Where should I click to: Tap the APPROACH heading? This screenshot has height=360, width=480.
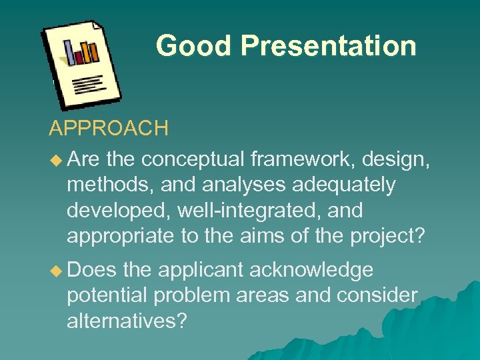click(x=109, y=129)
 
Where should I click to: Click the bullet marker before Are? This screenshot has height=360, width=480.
click(x=55, y=160)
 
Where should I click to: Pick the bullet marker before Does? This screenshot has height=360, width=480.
click(x=55, y=270)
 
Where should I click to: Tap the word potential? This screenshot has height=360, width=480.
click(x=107, y=295)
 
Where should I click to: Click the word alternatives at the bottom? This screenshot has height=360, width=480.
click(x=126, y=321)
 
